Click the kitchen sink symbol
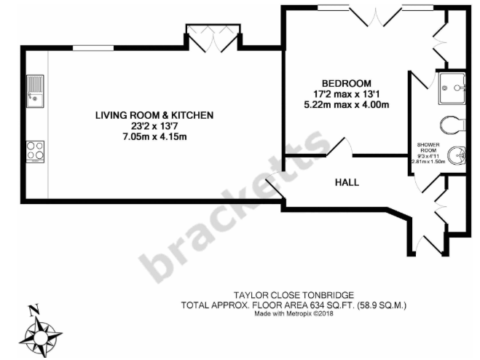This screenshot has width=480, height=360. point(34,91)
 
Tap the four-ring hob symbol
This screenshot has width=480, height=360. point(34,150)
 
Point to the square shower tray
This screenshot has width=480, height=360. point(454,89)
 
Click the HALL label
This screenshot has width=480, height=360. point(347,182)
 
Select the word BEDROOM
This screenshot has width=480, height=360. point(347,82)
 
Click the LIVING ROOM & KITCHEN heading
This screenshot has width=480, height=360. point(154,115)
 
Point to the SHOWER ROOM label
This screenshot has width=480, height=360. point(429,149)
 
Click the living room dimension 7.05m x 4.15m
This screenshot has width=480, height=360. point(154,136)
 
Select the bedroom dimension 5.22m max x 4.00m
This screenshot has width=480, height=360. point(347,104)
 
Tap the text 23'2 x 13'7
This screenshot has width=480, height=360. point(154,126)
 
